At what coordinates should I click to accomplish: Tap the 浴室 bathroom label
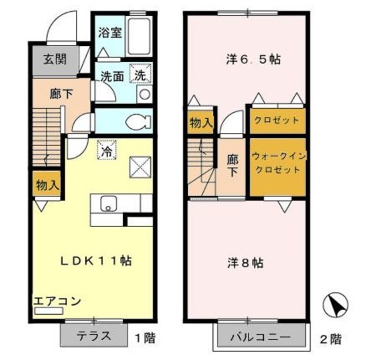[110, 32]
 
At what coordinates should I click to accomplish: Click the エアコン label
[56, 301]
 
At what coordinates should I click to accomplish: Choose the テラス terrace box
[94, 337]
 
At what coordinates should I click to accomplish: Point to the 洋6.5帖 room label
[253, 59]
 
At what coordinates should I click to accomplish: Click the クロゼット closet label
[276, 120]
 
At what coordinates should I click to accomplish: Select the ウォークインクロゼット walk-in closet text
[276, 164]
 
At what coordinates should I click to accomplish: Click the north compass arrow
[335, 305]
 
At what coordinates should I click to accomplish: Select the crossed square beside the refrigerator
[140, 168]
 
